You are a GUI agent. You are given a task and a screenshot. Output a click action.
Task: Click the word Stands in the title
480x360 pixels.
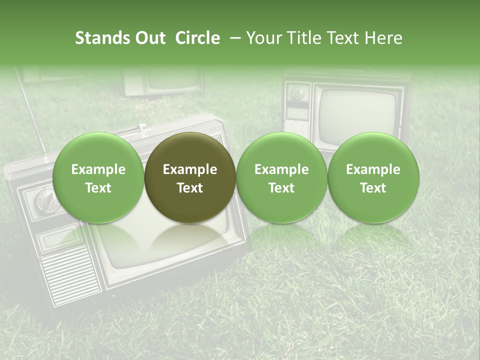[x=101, y=38]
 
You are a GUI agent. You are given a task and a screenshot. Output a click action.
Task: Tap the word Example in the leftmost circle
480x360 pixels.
[x=98, y=169]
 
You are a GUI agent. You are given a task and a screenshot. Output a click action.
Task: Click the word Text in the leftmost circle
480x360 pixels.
[x=98, y=188]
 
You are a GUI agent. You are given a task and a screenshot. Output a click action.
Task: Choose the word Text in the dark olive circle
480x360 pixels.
[x=190, y=188]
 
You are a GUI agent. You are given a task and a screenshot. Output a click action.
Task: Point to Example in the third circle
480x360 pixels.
[x=281, y=169]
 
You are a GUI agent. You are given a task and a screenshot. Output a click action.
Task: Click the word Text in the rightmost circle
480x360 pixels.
[x=373, y=188]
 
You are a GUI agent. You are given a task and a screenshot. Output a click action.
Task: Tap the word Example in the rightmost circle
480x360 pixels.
[x=373, y=169]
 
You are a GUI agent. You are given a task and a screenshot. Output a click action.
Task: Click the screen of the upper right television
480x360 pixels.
[x=358, y=112]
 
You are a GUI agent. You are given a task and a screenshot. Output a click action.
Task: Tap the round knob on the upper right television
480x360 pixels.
[x=297, y=93]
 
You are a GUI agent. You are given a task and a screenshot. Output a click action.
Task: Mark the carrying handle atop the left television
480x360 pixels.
[x=141, y=128]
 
